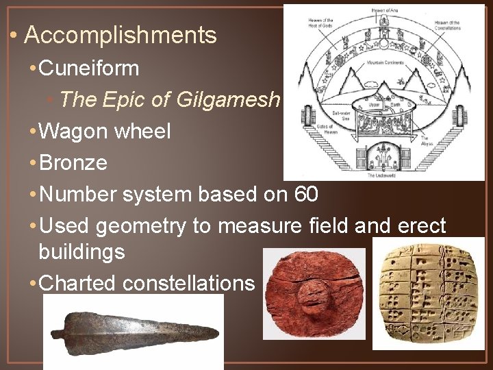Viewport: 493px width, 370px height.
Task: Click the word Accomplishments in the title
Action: [120, 36]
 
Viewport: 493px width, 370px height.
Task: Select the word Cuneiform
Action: [90, 69]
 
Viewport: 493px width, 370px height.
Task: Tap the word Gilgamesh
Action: [228, 100]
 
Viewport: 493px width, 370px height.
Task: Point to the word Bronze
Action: [74, 163]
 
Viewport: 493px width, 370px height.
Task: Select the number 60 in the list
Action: [306, 195]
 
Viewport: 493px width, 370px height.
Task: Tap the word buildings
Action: [81, 251]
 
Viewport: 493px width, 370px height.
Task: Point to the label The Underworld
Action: [388, 176]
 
